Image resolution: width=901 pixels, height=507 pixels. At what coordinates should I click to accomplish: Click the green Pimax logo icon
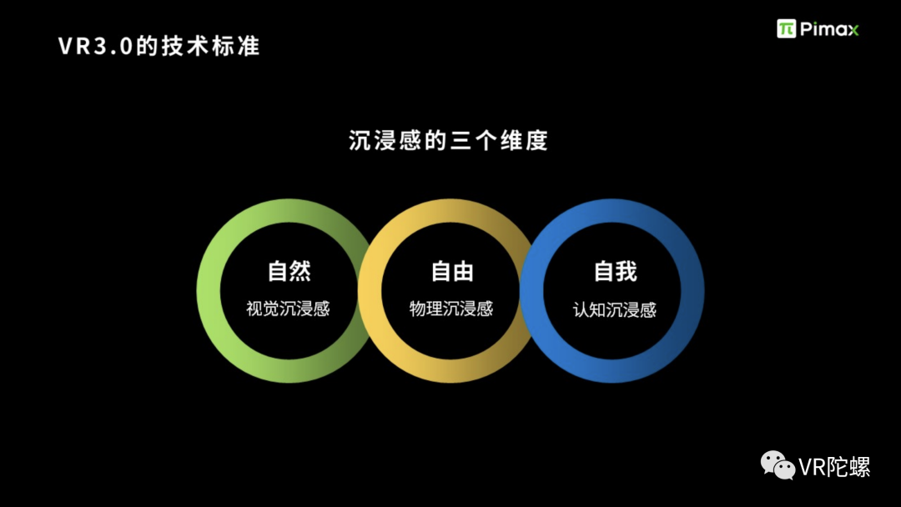[x=786, y=29]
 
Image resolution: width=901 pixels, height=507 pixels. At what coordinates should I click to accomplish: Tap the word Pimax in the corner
[x=829, y=29]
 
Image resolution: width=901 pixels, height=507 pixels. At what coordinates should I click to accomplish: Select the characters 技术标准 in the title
[x=219, y=46]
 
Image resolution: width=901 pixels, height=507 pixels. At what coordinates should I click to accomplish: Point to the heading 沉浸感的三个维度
[x=448, y=140]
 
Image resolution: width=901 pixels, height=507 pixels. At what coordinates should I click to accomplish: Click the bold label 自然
[x=289, y=272]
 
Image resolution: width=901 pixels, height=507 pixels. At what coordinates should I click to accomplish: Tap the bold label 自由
[x=451, y=272]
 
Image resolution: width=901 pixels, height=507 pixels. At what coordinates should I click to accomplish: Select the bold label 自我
[x=615, y=272]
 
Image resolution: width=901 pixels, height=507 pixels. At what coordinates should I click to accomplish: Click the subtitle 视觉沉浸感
[x=289, y=309]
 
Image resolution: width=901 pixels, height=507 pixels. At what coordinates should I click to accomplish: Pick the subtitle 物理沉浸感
[x=451, y=309]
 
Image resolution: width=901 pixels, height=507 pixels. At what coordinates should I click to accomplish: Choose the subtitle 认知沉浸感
[x=615, y=309]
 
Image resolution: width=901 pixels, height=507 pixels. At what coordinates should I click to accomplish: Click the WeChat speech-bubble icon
[x=776, y=465]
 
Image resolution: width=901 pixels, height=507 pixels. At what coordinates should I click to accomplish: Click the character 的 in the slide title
[x=146, y=46]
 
